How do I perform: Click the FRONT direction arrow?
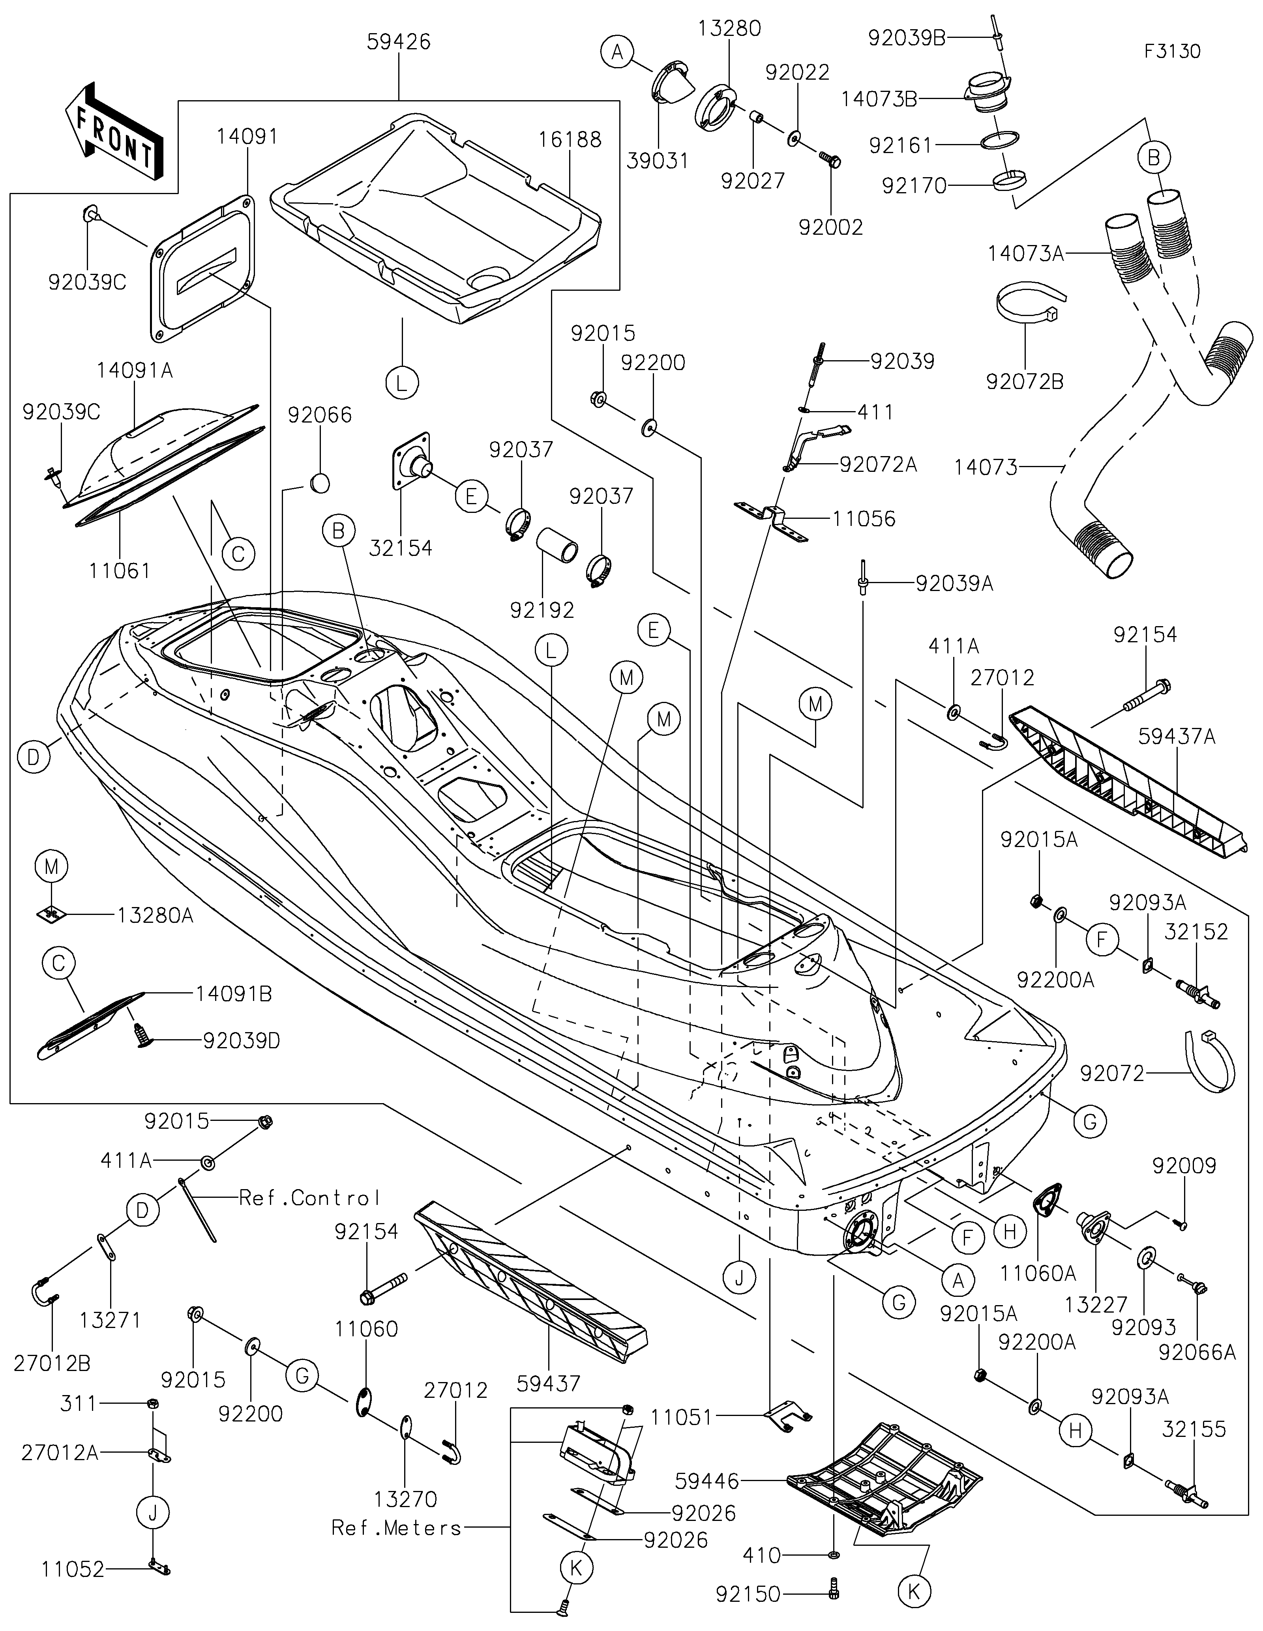pyautogui.click(x=114, y=131)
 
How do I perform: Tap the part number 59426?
pyautogui.click(x=399, y=42)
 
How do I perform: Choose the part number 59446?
pyautogui.click(x=706, y=1480)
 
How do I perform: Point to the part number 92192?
pyautogui.click(x=542, y=610)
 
